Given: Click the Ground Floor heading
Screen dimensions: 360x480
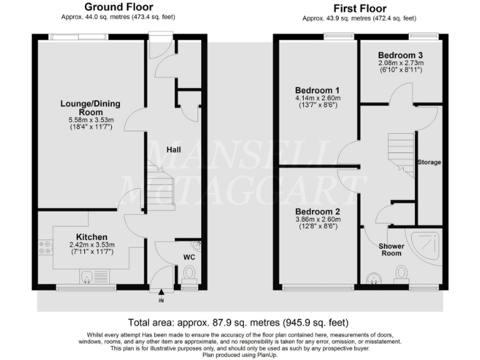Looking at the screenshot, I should (x=118, y=7).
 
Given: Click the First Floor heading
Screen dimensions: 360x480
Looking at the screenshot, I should (x=360, y=8).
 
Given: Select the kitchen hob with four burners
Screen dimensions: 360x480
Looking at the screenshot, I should (x=45, y=247).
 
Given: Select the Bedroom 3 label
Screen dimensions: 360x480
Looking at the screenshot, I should (x=401, y=54).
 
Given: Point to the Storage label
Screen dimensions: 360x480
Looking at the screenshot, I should (x=429, y=162).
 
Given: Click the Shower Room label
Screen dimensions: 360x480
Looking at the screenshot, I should (x=391, y=250).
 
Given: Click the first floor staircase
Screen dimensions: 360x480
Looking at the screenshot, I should (x=401, y=156).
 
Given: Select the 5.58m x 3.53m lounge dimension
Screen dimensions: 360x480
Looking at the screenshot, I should (x=90, y=119).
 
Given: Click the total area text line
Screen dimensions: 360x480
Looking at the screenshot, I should (x=238, y=323).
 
